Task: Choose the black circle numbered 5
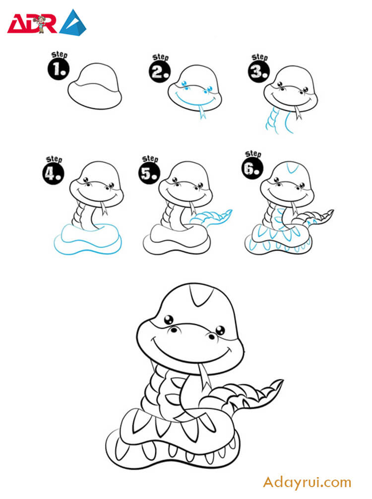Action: click(x=149, y=173)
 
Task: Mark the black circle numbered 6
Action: click(x=252, y=168)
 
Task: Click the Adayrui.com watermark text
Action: click(x=307, y=483)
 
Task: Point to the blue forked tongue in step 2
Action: click(x=202, y=112)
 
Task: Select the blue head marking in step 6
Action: click(x=292, y=168)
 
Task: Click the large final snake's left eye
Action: click(x=169, y=320)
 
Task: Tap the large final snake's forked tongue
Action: click(x=204, y=377)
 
